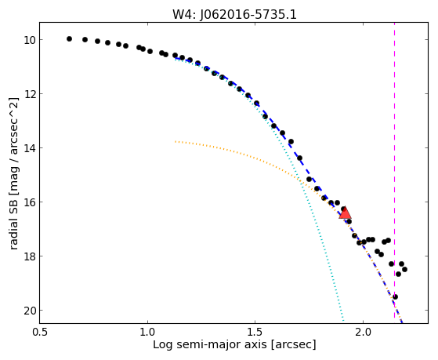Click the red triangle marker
coord(345,213)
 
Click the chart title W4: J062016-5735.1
coord(234,15)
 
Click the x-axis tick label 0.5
coord(40,333)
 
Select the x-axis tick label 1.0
coord(147,333)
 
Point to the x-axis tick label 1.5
coord(255,333)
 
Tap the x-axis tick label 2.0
coord(363,333)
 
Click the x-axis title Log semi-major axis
coord(210,345)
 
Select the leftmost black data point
coord(69,39)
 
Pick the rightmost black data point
coord(404,269)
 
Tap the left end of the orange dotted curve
coord(176,141)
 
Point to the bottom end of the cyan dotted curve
coord(343,321)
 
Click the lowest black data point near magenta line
coord(395,296)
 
